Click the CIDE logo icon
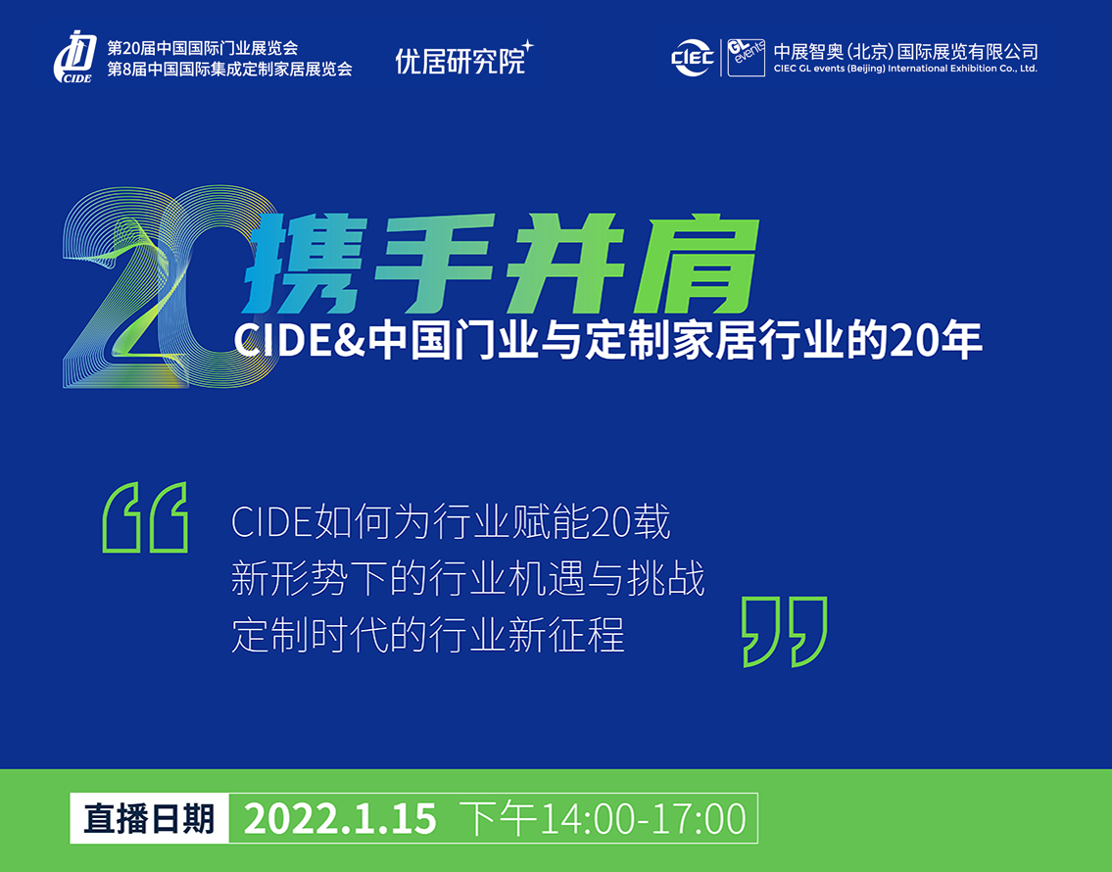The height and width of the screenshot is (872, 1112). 74,58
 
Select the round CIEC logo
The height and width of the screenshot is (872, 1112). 692,58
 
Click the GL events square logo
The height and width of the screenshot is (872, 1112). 746,58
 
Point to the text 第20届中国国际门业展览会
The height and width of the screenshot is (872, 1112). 203,48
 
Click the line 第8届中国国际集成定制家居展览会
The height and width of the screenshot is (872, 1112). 230,69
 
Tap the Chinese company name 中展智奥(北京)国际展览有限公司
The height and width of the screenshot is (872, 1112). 905,52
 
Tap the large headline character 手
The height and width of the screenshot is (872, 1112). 434,264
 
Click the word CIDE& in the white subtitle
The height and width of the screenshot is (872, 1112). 299,341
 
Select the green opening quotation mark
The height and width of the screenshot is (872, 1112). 145,517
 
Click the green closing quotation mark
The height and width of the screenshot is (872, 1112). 785,631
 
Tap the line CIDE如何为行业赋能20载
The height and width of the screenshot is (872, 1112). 451,522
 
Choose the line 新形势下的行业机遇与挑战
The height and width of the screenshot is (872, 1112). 468,578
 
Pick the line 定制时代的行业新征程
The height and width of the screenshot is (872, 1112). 427,634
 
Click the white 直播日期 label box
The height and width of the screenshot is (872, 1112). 150,818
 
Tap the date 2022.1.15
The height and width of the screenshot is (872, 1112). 340,819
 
